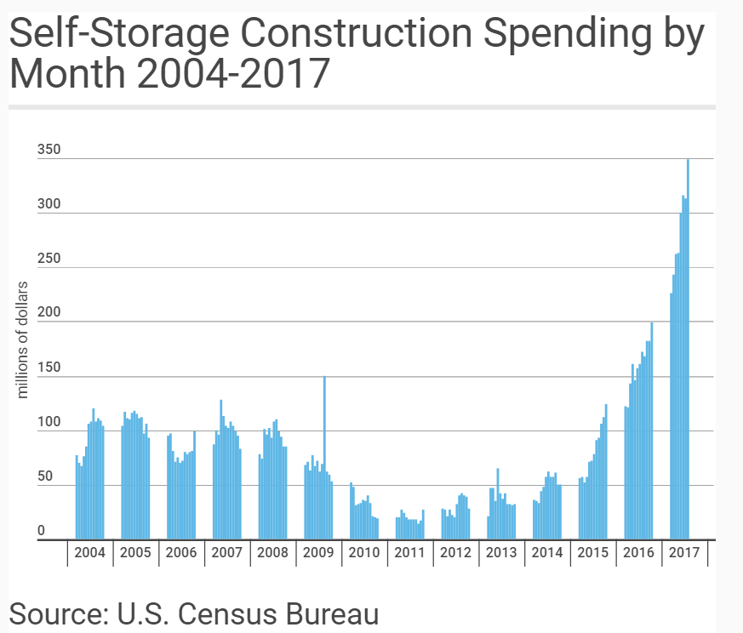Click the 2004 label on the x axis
tap(89, 553)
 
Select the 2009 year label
tap(317, 553)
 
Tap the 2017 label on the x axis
tap(683, 553)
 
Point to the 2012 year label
tap(455, 553)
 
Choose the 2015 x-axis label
tap(592, 553)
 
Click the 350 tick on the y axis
tap(49, 151)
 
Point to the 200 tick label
tap(49, 314)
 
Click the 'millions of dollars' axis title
tap(23, 339)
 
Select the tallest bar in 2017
tap(688, 349)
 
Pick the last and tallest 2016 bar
tap(651, 431)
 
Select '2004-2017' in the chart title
tap(233, 75)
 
